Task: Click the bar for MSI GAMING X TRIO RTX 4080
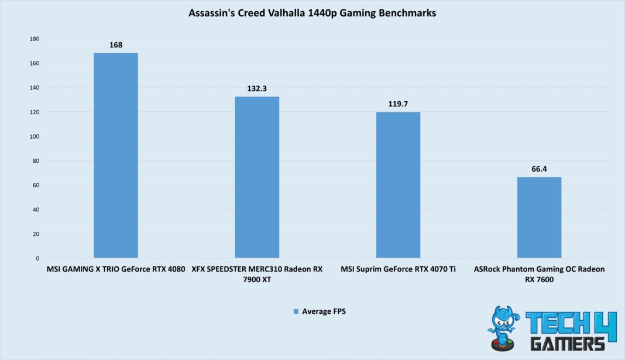coord(116,155)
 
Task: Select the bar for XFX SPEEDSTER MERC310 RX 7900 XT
coord(257,177)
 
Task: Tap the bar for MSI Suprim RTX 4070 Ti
coord(398,184)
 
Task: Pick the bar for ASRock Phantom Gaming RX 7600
coord(539,217)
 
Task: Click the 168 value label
coord(116,45)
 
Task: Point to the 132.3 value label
coord(257,88)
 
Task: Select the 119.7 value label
coord(398,104)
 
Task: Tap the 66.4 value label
coord(539,169)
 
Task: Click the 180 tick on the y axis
coord(34,39)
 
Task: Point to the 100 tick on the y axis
coord(34,136)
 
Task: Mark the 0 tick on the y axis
coord(37,258)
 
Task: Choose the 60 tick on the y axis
coord(36,185)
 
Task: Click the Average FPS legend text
coord(324,311)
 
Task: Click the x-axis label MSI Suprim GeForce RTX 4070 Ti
coord(398,269)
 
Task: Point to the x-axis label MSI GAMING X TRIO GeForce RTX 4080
coord(116,269)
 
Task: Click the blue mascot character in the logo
coord(503,328)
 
